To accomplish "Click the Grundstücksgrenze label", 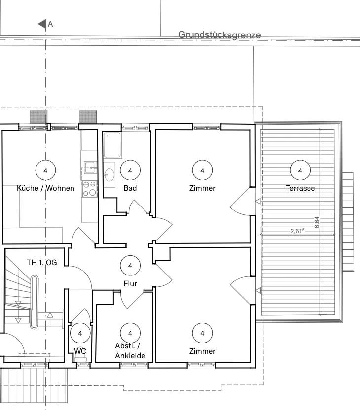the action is tap(219, 35).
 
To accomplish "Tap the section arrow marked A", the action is tap(42, 24).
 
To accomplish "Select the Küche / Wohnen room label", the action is tap(45, 188).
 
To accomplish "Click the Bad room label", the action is tap(130, 188).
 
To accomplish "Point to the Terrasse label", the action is tap(300, 188).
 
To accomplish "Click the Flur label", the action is tap(130, 284).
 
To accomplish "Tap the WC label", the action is tap(80, 351).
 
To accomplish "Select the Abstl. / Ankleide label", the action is tap(130, 351).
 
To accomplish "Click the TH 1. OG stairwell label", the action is tap(42, 263).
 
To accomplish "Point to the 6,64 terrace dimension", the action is tap(317, 222).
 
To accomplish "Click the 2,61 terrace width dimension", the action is tap(297, 231).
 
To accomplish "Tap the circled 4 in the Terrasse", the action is tap(300, 170).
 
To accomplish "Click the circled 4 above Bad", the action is tap(130, 170).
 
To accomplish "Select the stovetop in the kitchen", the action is tap(89, 189).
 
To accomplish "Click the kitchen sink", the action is tap(90, 168).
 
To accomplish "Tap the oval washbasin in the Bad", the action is tap(109, 175).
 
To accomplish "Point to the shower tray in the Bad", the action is tap(112, 145).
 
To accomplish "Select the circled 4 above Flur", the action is tap(130, 266).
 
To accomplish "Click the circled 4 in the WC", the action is tap(80, 333).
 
